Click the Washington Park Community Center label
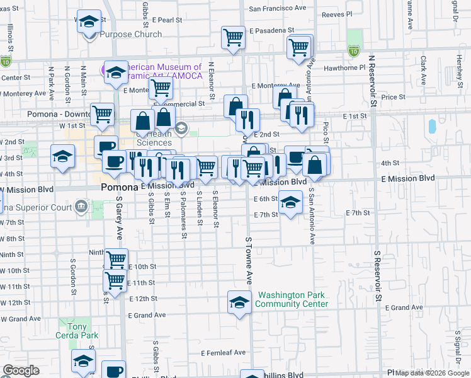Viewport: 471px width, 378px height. [292, 299]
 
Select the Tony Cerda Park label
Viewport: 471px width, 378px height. [77, 331]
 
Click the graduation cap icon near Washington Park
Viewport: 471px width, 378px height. [239, 303]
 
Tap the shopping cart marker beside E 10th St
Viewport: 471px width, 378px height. [116, 259]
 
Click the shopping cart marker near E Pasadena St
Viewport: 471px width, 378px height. [233, 37]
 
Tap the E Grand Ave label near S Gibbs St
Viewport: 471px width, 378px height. [146, 315]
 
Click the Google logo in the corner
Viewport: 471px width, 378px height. [21, 370]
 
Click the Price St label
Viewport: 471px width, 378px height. [393, 97]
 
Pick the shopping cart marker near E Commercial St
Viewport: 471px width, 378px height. [161, 89]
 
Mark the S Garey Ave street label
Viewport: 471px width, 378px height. [118, 218]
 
